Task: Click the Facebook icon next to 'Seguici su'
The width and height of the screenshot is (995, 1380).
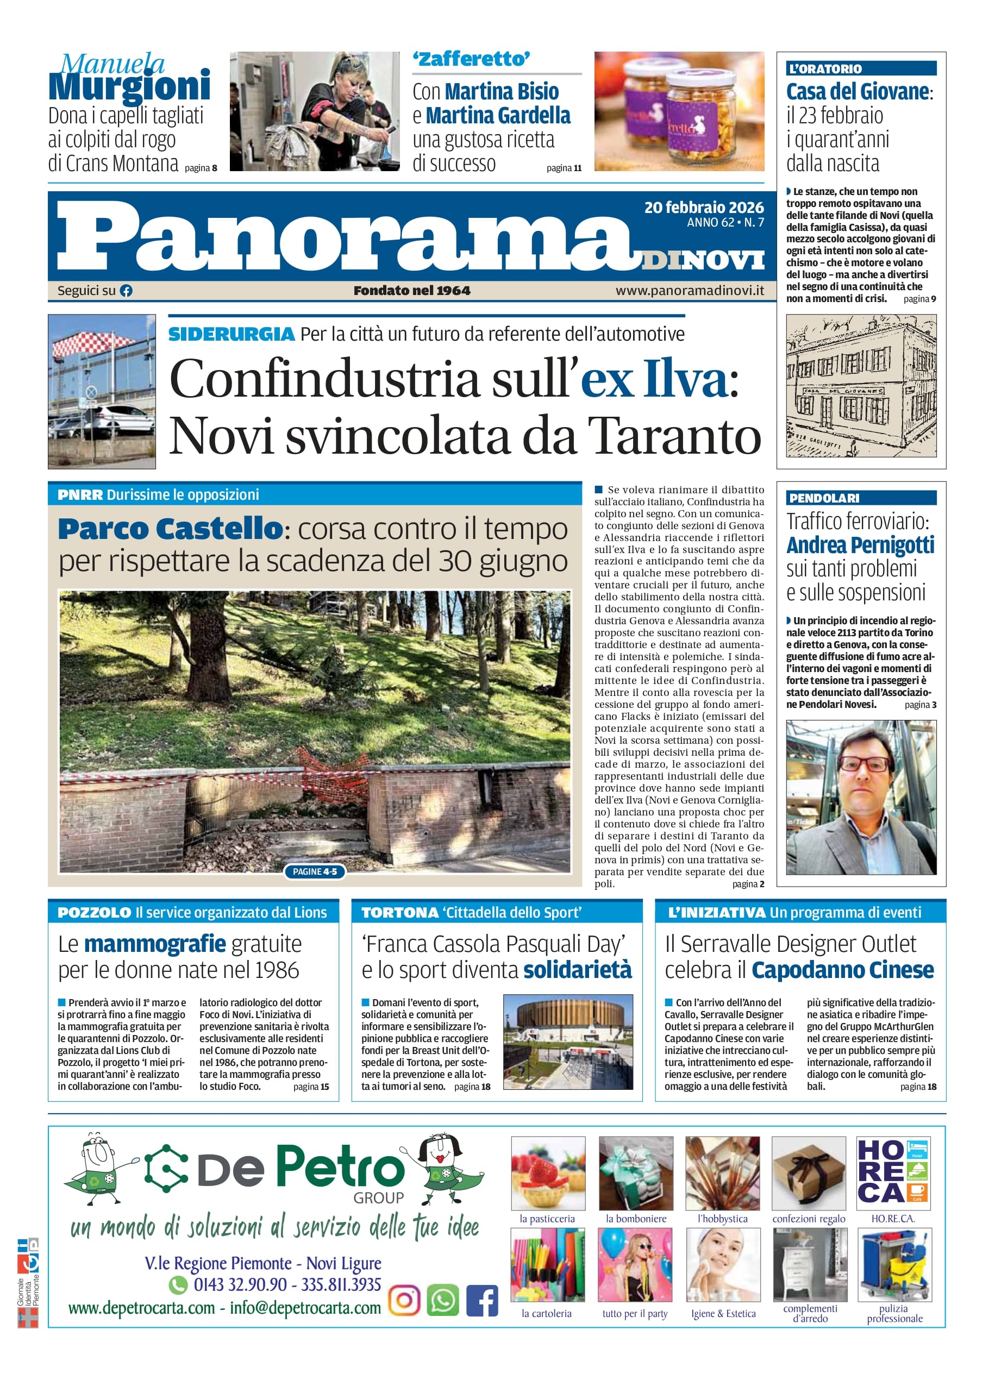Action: point(126,291)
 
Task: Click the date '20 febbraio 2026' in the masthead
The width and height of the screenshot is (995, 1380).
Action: point(704,208)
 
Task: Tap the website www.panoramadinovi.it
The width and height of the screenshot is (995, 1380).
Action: point(690,291)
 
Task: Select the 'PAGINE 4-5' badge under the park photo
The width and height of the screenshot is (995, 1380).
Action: point(315,871)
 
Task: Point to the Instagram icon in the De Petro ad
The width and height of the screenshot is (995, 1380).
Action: point(404,1300)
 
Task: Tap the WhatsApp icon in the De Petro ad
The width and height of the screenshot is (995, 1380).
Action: point(442,1300)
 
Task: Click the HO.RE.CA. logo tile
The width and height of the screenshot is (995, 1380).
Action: point(893,1172)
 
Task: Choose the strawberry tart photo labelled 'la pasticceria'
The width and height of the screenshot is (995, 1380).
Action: point(548,1172)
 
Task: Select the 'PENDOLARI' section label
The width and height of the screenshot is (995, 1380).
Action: point(824,498)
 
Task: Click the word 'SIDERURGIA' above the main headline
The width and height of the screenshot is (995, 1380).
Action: point(231,334)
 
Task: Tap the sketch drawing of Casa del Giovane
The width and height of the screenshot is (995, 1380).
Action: point(861,385)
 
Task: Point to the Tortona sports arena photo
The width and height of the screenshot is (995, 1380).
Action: point(568,1042)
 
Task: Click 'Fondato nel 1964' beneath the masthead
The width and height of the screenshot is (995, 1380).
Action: point(412,291)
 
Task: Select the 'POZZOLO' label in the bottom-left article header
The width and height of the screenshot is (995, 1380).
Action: point(95,913)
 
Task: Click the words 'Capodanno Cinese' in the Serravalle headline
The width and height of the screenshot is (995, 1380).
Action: point(842,970)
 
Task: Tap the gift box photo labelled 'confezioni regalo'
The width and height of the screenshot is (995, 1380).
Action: point(808,1172)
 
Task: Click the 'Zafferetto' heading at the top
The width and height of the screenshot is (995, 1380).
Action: point(471,60)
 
